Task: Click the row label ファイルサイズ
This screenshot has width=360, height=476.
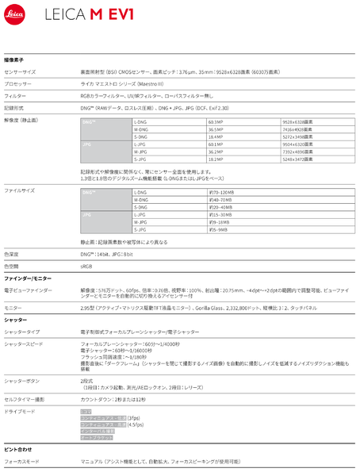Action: (21, 191)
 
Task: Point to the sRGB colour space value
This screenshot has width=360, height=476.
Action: (87, 267)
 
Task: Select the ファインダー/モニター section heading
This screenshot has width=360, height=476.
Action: (29, 279)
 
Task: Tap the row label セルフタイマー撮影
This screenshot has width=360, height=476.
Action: (25, 398)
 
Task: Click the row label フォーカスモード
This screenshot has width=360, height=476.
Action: (23, 460)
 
